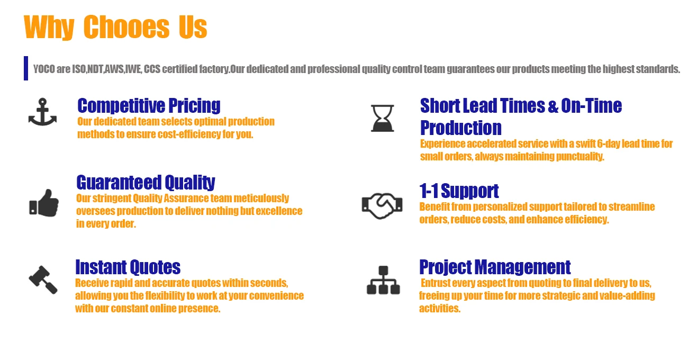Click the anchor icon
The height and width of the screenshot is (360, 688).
click(x=42, y=113)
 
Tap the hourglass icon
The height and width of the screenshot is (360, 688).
click(x=383, y=118)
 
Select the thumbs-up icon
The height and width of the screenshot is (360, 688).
click(x=44, y=203)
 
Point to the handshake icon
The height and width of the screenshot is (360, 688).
click(x=382, y=206)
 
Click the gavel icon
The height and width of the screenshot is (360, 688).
click(x=43, y=280)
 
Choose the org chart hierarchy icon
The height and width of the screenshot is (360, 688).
click(x=383, y=280)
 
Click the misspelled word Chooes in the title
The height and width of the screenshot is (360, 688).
click(x=126, y=27)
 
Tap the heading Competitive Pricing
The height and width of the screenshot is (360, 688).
click(x=149, y=106)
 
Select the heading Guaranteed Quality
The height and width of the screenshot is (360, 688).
click(x=146, y=183)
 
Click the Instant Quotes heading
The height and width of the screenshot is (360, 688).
click(x=128, y=267)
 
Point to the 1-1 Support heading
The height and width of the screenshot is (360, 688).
click(x=459, y=191)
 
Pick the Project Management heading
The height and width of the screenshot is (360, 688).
click(x=495, y=267)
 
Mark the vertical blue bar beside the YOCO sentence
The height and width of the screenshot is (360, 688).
click(x=26, y=68)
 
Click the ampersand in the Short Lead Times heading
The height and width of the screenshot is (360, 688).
click(x=553, y=106)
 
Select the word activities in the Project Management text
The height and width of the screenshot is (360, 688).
click(x=440, y=309)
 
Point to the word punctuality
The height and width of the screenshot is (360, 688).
click(x=580, y=157)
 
